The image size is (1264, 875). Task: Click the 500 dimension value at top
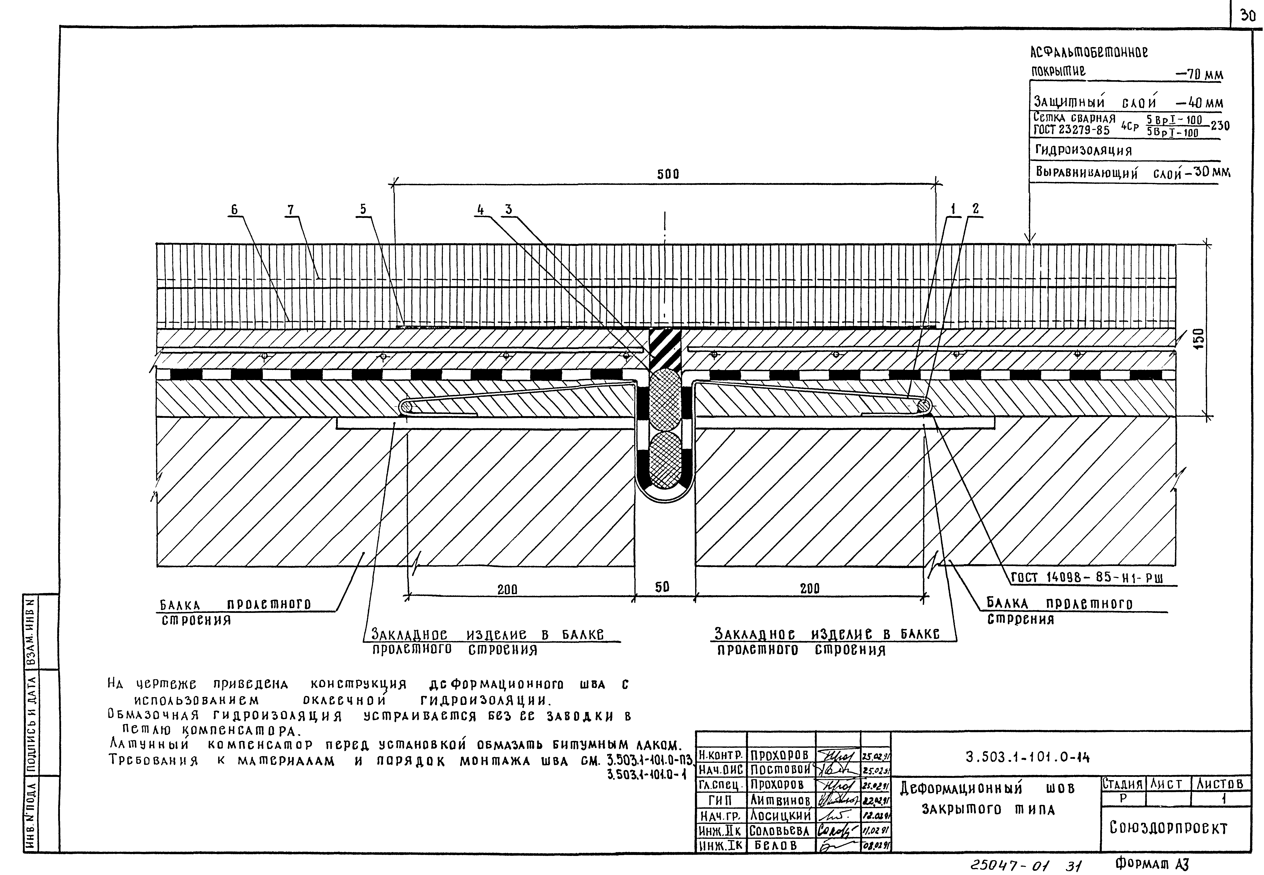point(668,174)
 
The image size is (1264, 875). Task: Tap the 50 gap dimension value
point(662,587)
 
